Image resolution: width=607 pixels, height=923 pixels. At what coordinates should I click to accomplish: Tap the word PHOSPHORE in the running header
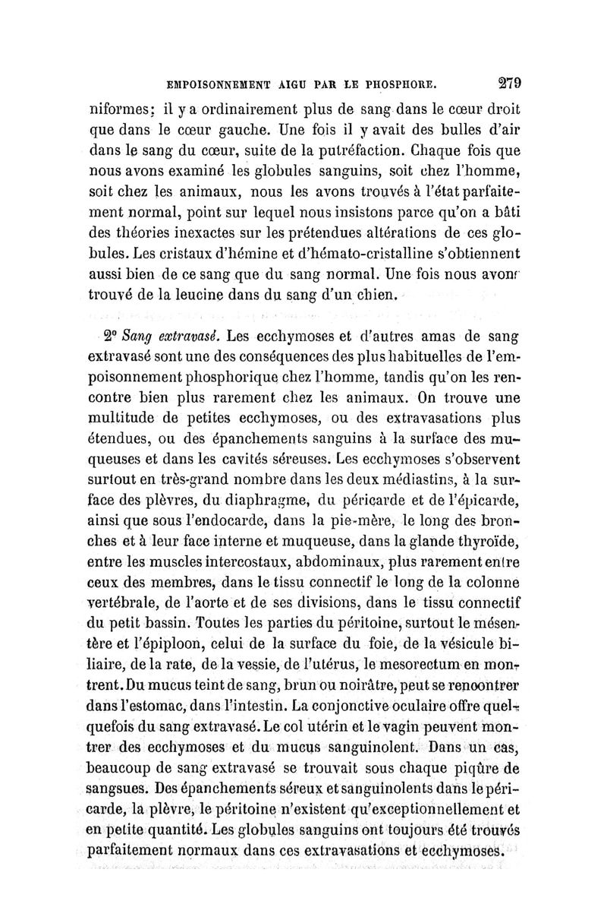pos(400,82)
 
